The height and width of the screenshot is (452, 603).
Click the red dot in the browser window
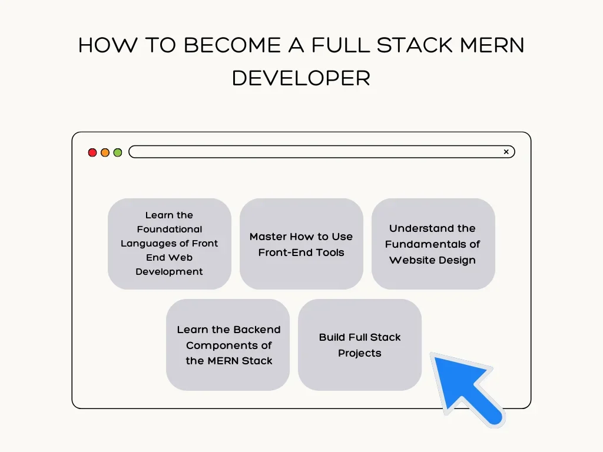point(92,152)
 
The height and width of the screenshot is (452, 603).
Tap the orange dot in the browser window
point(105,152)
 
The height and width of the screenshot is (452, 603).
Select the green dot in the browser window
point(118,152)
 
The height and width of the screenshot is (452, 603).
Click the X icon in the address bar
point(506,152)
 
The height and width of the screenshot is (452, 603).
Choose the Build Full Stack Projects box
point(360,345)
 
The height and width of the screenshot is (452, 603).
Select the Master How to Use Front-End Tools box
point(301,244)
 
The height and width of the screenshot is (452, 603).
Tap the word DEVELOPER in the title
point(301,78)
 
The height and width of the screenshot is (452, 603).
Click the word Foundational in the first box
point(170,230)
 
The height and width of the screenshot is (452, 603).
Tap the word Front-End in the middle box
point(280,252)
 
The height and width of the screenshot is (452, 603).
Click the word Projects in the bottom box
point(360,353)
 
